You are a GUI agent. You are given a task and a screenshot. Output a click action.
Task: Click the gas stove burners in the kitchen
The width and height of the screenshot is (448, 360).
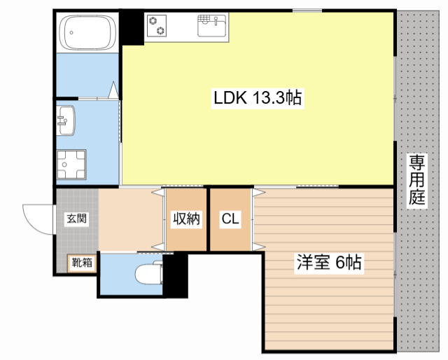click(157, 25)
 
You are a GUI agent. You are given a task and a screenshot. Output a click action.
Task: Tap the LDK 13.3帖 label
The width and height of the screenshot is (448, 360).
click(258, 99)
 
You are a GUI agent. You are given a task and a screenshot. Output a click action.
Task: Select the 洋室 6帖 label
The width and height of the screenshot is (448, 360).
click(329, 263)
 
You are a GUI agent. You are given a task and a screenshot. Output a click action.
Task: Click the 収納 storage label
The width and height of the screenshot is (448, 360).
click(187, 219)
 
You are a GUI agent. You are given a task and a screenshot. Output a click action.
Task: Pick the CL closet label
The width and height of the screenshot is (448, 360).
click(230, 219)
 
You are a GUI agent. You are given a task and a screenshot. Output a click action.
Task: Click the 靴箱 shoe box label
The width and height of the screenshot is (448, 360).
click(82, 263)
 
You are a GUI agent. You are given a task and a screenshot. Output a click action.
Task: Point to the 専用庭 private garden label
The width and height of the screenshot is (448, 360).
click(417, 181)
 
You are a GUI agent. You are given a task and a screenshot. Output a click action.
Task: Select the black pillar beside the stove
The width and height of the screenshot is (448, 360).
click(132, 27)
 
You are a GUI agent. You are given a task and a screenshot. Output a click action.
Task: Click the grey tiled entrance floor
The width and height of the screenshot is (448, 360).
click(76, 238)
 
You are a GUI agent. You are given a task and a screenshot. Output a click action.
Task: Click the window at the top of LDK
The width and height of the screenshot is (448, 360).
click(307, 9)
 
